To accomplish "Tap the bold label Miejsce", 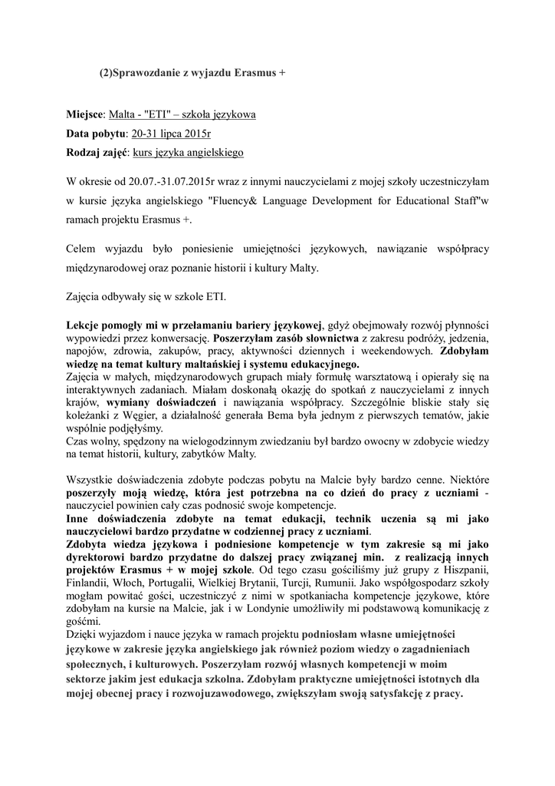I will [84, 114].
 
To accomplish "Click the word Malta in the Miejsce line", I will [121, 114].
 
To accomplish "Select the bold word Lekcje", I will [85, 325].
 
